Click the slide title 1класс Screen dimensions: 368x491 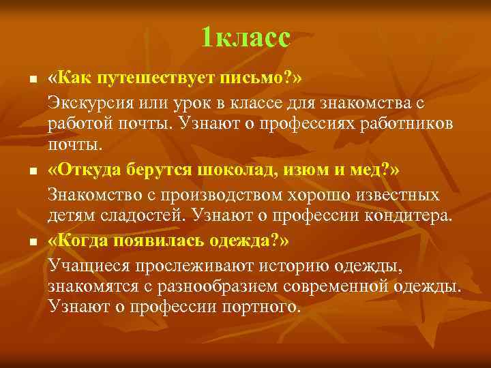coord(245,37)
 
